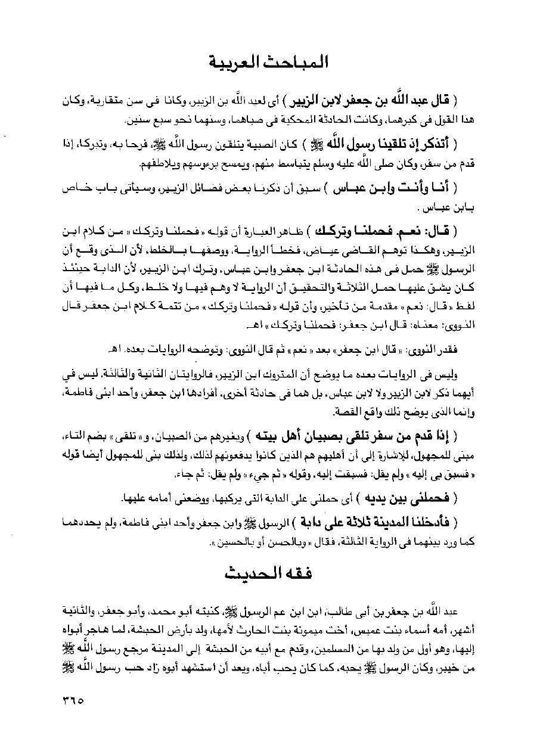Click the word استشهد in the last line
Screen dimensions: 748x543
189,668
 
